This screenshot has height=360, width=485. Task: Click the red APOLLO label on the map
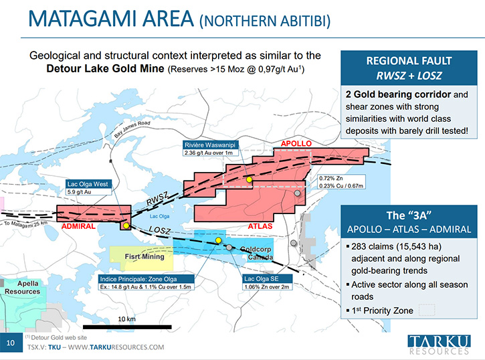tap(296, 143)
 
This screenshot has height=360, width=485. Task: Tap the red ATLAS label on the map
tap(260, 226)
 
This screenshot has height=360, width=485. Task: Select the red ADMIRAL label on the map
tap(78, 226)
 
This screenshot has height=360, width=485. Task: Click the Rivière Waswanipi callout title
tap(210, 145)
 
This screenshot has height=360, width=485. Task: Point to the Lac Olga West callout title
tap(88, 184)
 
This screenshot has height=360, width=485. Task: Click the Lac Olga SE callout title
tap(262, 278)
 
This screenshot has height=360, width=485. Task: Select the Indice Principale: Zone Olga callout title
tap(138, 279)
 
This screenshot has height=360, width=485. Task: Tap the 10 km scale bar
tap(127, 327)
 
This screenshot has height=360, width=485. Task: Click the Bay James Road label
tap(132, 129)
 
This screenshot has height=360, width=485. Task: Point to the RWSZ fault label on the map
tap(157, 198)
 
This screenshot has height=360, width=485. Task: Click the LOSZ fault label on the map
tap(160, 230)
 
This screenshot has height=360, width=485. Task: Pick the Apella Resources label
tap(22, 287)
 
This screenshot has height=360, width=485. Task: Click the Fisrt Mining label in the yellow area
tap(144, 256)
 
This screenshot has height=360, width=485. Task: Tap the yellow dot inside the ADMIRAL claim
tap(126, 226)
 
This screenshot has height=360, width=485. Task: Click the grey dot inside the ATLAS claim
tap(297, 193)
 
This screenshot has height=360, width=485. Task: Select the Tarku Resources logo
tap(440, 344)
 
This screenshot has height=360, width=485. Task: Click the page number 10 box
tap(11, 343)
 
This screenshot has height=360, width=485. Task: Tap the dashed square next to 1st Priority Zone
tap(427, 310)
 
